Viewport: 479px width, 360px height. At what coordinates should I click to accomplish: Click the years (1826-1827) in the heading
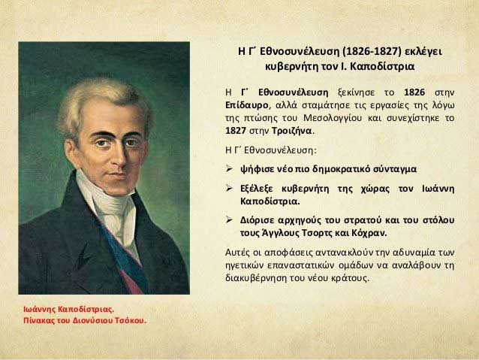(372, 51)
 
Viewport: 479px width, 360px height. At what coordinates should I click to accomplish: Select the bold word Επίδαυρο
(247, 105)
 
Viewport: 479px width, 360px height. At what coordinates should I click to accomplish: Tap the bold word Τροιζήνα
(292, 131)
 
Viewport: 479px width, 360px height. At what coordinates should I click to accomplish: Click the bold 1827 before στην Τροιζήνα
(236, 131)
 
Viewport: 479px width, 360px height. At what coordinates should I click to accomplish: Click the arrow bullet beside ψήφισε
(229, 168)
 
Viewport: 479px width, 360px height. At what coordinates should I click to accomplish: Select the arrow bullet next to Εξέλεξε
(229, 188)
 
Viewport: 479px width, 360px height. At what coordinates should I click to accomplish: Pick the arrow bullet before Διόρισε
(229, 219)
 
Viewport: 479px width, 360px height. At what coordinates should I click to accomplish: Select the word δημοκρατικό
(337, 169)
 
